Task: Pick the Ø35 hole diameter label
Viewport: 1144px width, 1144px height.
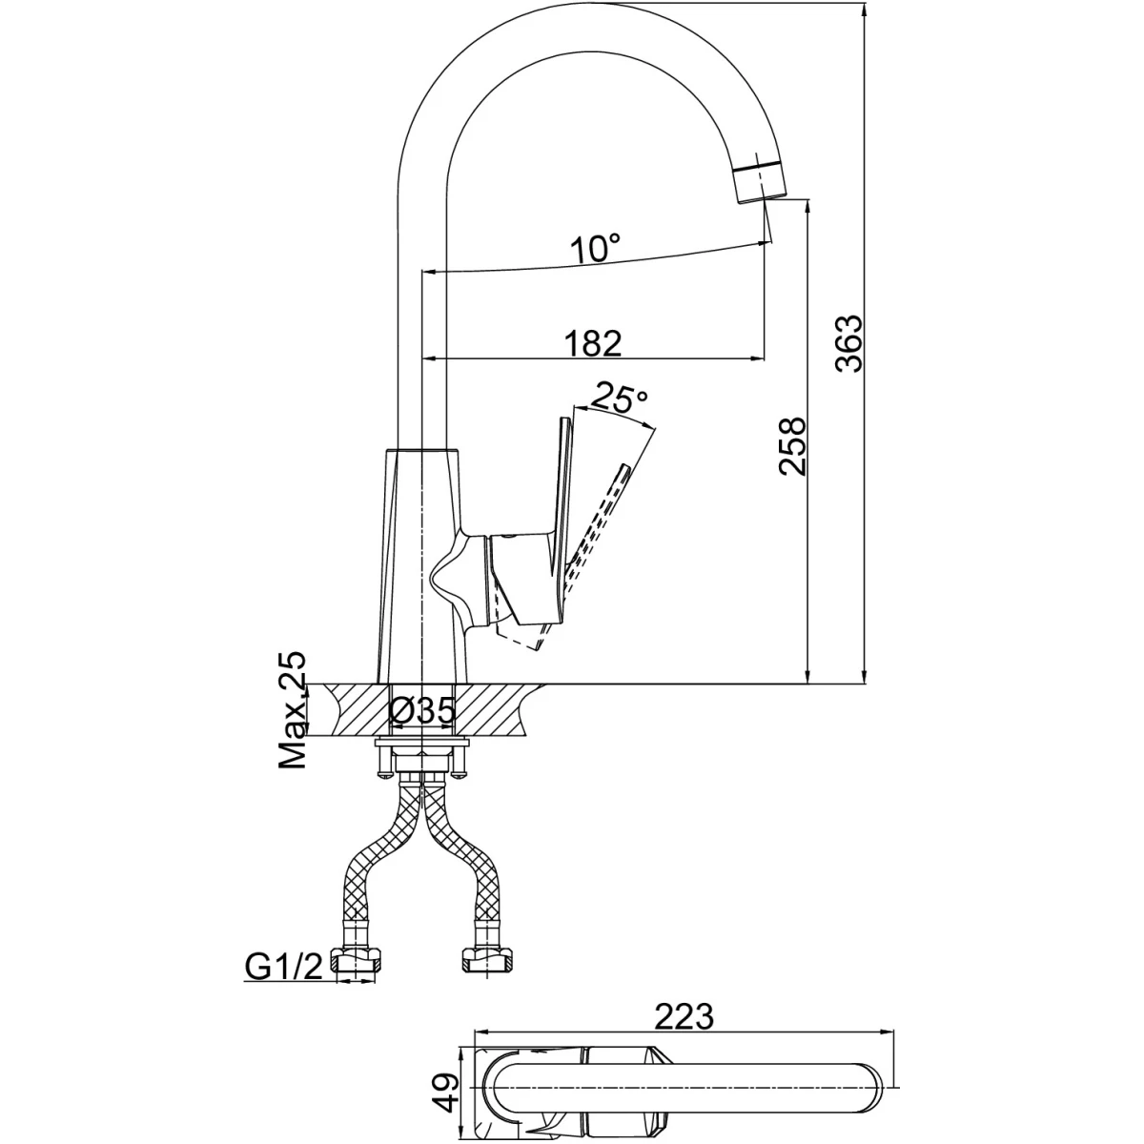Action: [421, 710]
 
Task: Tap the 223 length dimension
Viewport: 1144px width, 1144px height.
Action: [683, 1017]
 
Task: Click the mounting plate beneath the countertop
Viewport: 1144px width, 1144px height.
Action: [421, 742]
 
